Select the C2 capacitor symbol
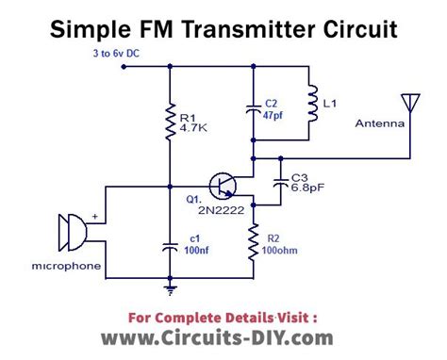pyautogui.click(x=253, y=110)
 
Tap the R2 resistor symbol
pyautogui.click(x=253, y=241)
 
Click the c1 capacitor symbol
pyautogui.click(x=170, y=247)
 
